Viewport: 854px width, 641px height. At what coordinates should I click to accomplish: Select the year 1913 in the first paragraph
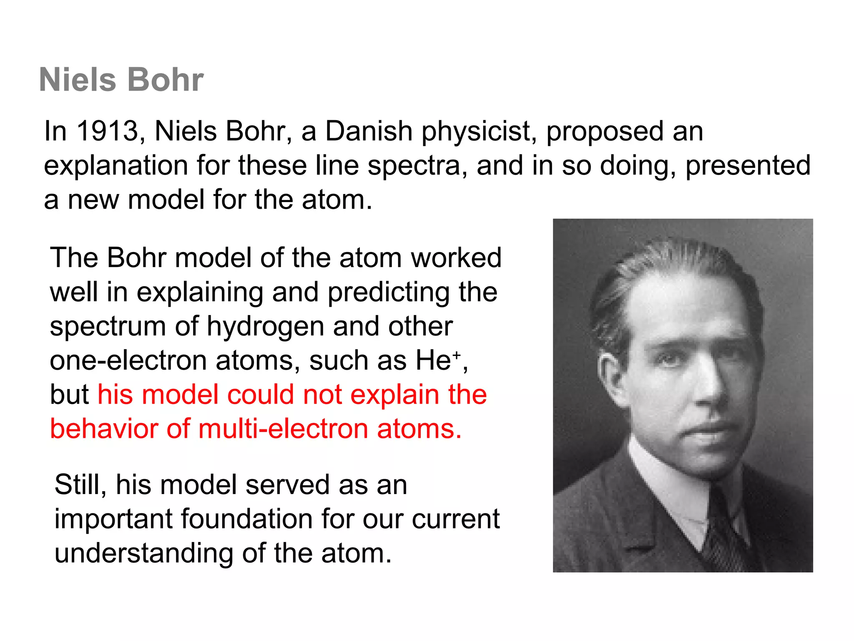(x=108, y=131)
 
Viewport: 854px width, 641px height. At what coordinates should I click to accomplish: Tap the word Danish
(x=369, y=131)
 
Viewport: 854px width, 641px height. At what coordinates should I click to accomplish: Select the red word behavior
(x=104, y=429)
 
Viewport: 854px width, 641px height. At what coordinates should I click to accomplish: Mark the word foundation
(x=246, y=519)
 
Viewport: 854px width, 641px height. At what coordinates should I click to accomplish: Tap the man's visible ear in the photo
(x=610, y=376)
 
